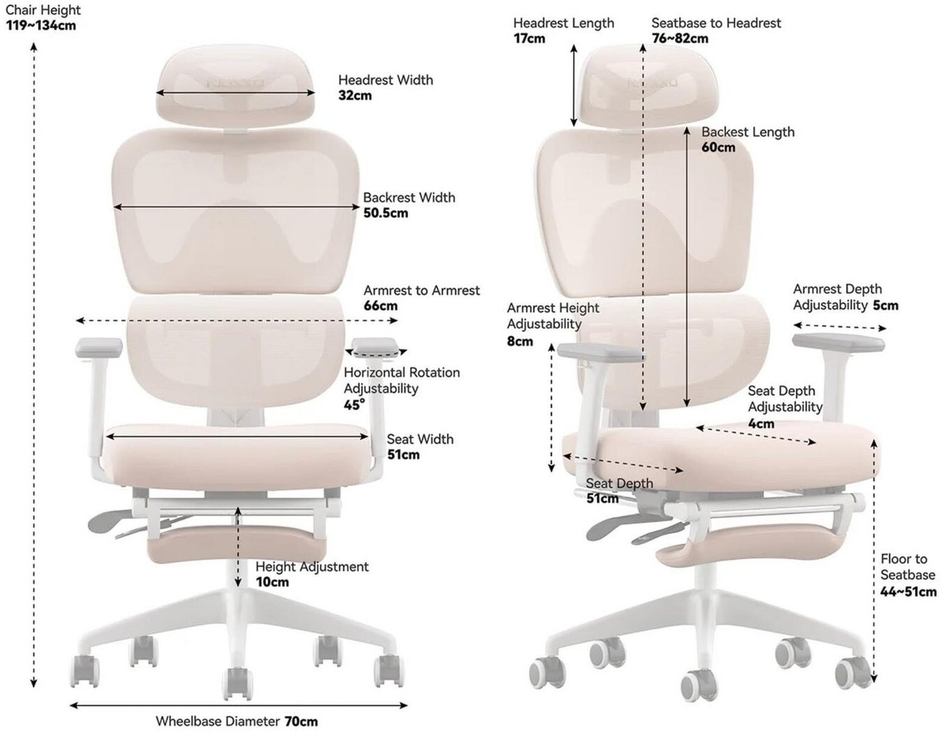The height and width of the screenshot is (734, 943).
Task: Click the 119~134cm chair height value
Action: pos(41,26)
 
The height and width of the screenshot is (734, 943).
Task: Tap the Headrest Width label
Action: pos(385,80)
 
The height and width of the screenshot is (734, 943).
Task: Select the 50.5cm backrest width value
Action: pos(385,213)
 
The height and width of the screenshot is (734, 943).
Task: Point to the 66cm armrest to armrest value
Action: pos(380,305)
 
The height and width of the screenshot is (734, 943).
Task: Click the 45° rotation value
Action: pos(354,405)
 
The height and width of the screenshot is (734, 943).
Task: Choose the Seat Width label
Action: pos(420,439)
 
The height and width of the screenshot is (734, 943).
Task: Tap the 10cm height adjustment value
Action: pos(272,582)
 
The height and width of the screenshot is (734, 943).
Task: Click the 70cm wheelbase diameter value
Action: pos(301,721)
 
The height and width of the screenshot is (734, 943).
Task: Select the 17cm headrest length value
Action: pos(529,39)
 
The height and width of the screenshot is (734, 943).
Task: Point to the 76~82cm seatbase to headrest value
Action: pos(679,39)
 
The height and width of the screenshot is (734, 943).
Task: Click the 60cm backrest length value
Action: pos(718,147)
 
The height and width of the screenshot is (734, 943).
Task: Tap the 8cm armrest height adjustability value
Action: pos(519,341)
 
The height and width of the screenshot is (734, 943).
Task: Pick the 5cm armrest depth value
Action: pos(885,305)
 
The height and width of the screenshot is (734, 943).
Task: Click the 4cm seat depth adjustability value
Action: pos(760,423)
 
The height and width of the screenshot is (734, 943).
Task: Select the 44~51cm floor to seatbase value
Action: pos(908,592)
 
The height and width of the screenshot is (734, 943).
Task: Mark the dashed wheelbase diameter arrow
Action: pos(238,705)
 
